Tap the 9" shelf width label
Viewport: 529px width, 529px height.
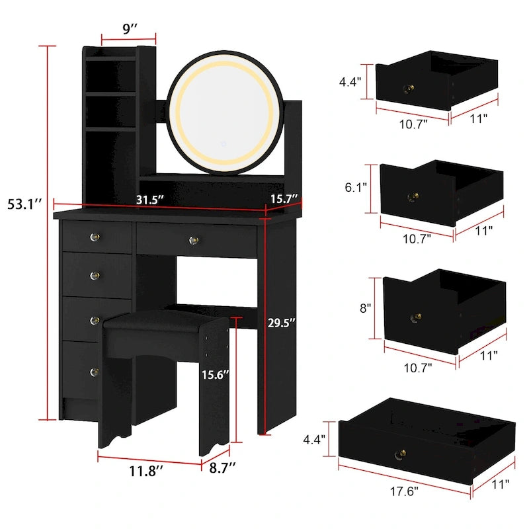click(x=128, y=29)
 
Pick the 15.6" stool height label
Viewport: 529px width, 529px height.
click(x=216, y=375)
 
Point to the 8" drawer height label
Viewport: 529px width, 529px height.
click(x=366, y=308)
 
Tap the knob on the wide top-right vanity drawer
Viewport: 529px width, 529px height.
click(x=194, y=239)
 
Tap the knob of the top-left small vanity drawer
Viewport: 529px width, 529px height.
click(x=92, y=236)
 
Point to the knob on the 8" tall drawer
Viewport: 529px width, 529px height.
click(x=417, y=317)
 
